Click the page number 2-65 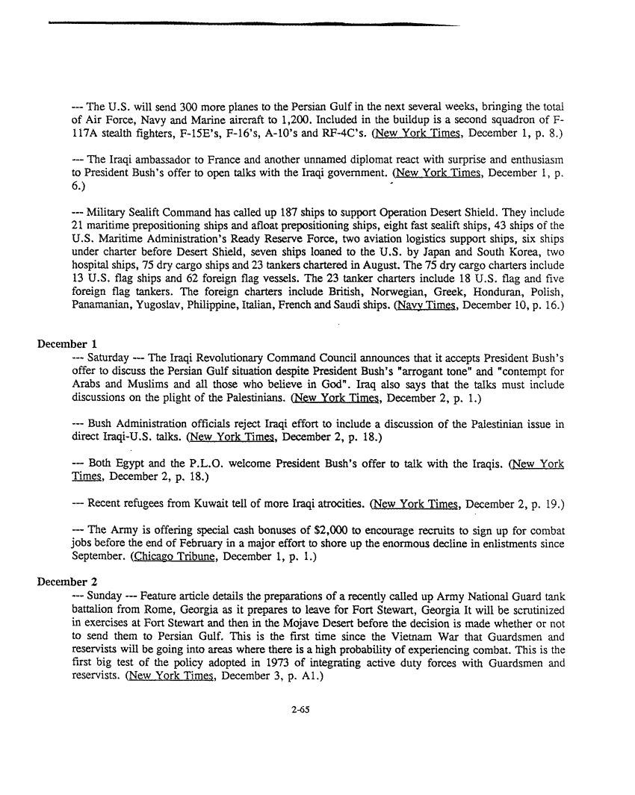[x=301, y=710]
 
